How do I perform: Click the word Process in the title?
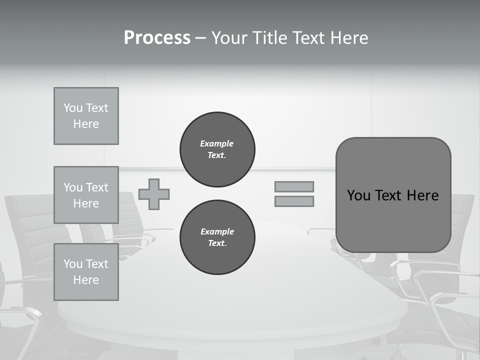(x=157, y=38)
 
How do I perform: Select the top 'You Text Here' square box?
(x=86, y=116)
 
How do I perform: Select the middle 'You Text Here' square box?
(x=86, y=195)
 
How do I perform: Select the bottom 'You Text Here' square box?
(x=86, y=272)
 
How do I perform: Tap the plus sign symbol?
(x=154, y=194)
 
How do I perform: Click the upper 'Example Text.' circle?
(x=217, y=149)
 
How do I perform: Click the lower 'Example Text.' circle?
(x=217, y=237)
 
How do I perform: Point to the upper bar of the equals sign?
(x=294, y=186)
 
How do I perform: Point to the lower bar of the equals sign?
(x=294, y=201)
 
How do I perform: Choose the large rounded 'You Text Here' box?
(x=393, y=195)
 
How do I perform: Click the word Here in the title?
(x=349, y=38)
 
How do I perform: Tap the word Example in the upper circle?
(x=217, y=143)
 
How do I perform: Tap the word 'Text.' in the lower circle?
(x=217, y=243)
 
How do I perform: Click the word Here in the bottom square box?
(x=86, y=280)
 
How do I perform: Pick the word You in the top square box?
(x=73, y=108)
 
